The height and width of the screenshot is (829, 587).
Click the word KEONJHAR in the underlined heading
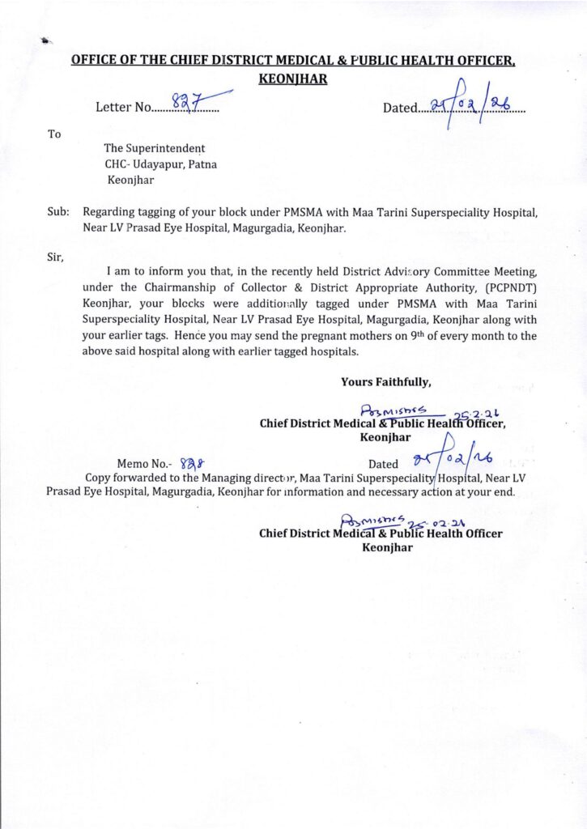click(292, 79)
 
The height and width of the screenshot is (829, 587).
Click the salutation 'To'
click(54, 134)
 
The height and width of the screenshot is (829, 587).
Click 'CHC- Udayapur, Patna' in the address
click(160, 164)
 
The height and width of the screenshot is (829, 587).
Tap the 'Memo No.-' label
click(145, 465)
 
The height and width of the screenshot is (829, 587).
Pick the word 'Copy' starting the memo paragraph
click(100, 478)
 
